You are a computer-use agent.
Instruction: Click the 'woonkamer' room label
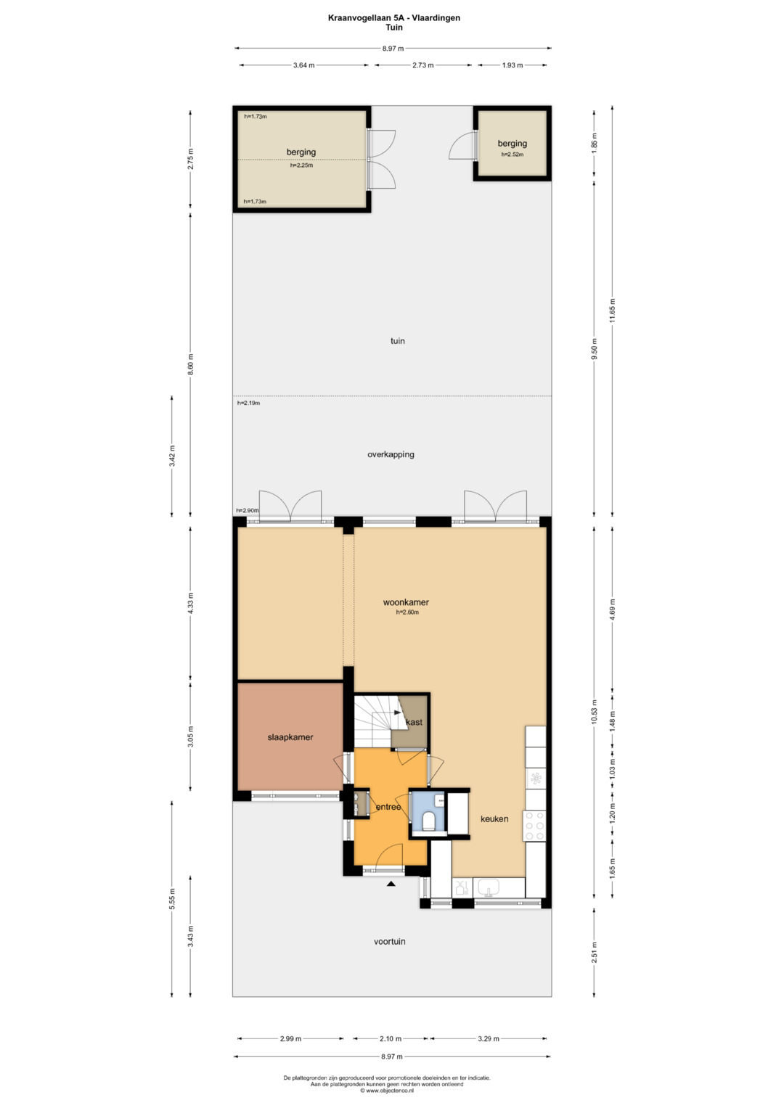pos(405,602)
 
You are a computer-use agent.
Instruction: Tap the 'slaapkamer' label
pos(290,737)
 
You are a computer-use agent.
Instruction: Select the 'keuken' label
pos(494,818)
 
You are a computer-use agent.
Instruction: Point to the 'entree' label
pos(388,807)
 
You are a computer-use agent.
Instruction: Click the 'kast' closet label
pos(414,722)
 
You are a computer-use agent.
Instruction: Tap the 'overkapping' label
pos(391,454)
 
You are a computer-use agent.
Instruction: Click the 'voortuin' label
pos(390,941)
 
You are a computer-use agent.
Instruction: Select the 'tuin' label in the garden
pos(398,341)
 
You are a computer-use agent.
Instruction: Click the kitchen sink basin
pos(489,887)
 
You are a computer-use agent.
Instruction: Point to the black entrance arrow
pos(391,884)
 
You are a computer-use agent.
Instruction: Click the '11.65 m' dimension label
pos(612,310)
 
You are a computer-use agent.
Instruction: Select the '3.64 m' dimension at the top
pos(304,65)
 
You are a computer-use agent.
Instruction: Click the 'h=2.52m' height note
pos(513,155)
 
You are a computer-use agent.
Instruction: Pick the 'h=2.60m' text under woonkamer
pos(407,612)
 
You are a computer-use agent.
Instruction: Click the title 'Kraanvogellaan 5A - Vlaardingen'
pos(394,18)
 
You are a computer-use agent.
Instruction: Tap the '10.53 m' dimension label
pos(594,713)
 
